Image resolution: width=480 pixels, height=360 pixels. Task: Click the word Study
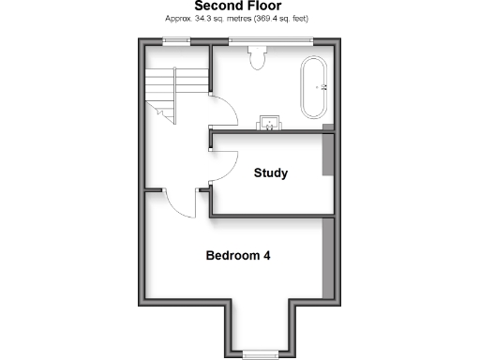click(271, 173)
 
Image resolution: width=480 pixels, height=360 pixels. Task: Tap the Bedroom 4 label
click(239, 255)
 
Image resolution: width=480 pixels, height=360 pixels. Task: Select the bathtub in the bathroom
click(311, 89)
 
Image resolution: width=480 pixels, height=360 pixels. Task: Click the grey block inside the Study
click(327, 154)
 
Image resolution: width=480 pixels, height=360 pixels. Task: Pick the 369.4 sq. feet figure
click(282, 19)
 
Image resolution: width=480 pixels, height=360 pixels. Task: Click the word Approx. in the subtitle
click(178, 19)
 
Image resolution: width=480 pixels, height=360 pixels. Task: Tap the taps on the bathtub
click(323, 88)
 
